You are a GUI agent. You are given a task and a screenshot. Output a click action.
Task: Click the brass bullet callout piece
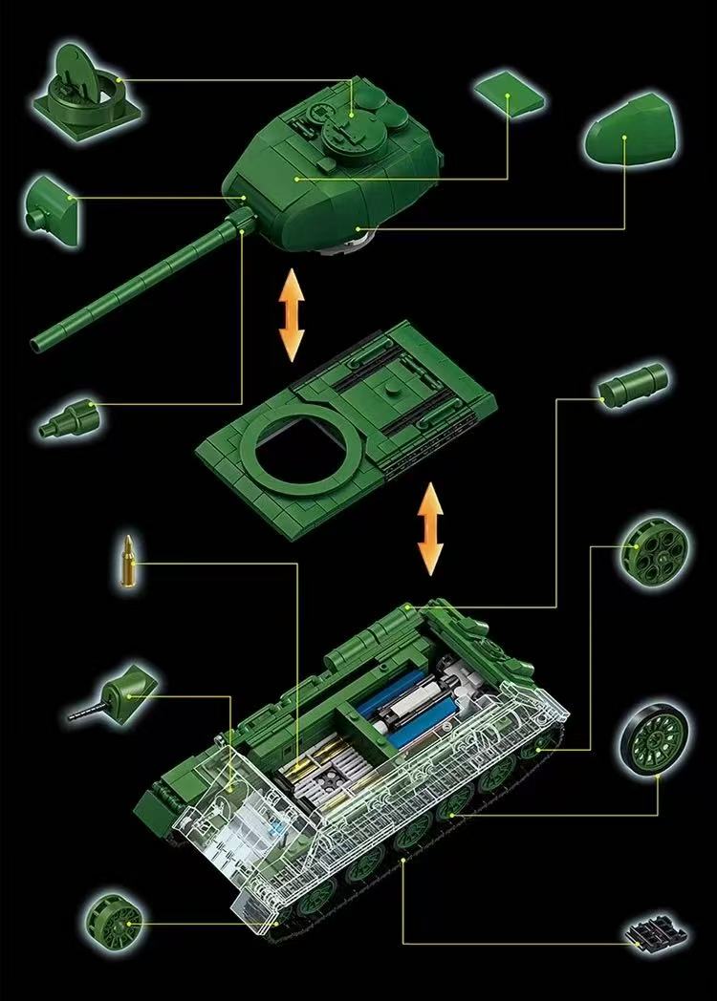click(127, 563)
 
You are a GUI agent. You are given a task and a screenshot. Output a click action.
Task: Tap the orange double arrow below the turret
click(291, 314)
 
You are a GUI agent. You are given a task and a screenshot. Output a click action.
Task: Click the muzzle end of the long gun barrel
click(40, 341)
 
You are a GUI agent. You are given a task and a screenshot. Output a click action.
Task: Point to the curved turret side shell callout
click(631, 139)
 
